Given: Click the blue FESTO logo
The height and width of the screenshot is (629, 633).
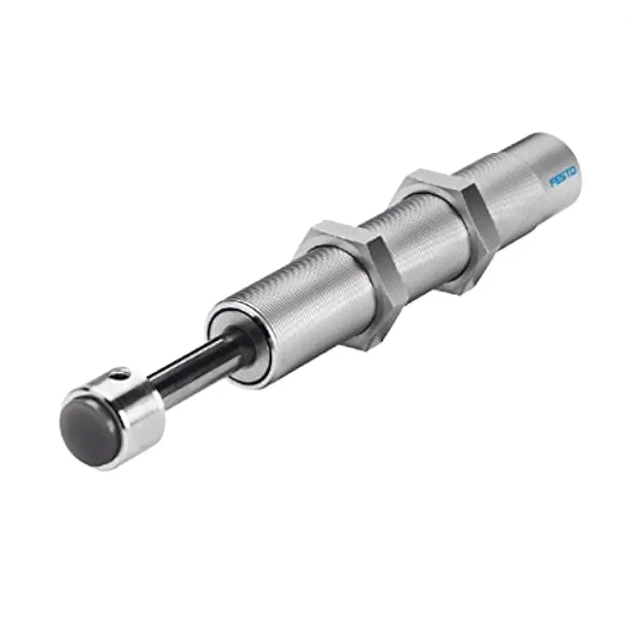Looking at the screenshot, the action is coord(563,177).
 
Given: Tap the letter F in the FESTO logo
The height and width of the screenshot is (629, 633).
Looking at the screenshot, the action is coord(552,183).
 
